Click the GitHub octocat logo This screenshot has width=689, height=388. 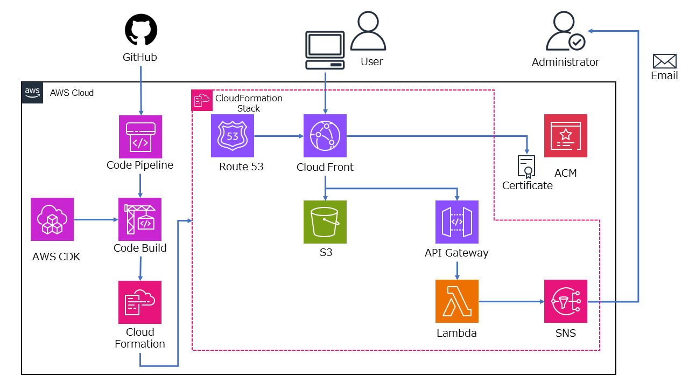pyautogui.click(x=141, y=31)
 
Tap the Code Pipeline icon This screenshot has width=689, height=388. pyautogui.click(x=140, y=137)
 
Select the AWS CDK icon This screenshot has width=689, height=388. pyautogui.click(x=52, y=219)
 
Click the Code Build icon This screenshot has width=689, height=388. pyautogui.click(x=140, y=219)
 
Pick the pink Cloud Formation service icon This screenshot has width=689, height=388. pyautogui.click(x=140, y=302)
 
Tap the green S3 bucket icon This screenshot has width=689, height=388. pyautogui.click(x=325, y=222)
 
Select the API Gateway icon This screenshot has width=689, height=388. pyautogui.click(x=457, y=222)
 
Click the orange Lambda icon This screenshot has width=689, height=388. pyautogui.click(x=457, y=301)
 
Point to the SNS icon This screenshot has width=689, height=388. pyautogui.click(x=566, y=301)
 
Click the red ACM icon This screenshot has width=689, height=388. pyautogui.click(x=566, y=136)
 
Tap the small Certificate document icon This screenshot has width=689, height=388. pyautogui.click(x=526, y=167)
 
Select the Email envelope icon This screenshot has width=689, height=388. pyautogui.click(x=664, y=61)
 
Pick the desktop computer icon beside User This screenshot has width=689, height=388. pyautogui.click(x=325, y=50)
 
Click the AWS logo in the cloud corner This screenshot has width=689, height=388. pyautogui.click(x=32, y=93)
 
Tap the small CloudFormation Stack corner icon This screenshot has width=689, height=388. pyautogui.click(x=202, y=101)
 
